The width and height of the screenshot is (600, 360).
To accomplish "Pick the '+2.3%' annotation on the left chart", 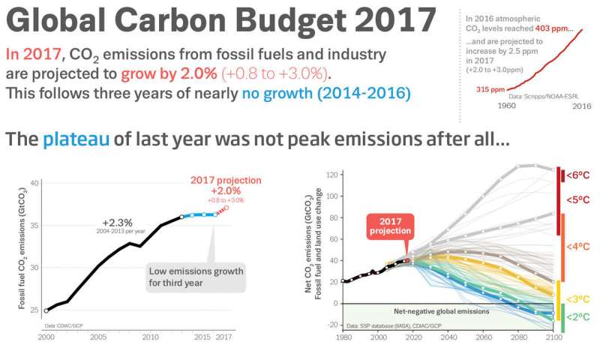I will pyautogui.click(x=117, y=222).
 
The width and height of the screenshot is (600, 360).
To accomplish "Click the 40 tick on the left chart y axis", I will pyautogui.click(x=34, y=183).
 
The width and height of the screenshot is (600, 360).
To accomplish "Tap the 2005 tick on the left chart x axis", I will pyautogui.click(x=98, y=338).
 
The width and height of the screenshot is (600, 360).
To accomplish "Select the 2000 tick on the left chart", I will pyautogui.click(x=46, y=338).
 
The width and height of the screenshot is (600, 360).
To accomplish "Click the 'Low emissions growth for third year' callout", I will pyautogui.click(x=195, y=277).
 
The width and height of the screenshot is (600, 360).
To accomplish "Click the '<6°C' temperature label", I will pyautogui.click(x=578, y=175).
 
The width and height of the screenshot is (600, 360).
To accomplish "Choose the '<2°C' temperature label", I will pyautogui.click(x=578, y=316).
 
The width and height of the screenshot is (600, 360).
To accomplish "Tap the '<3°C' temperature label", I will pyautogui.click(x=578, y=299).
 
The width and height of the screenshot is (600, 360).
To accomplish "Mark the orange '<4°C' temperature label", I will pyautogui.click(x=578, y=246).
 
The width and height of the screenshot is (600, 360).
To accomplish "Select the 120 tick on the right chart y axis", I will pyautogui.click(x=330, y=174).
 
